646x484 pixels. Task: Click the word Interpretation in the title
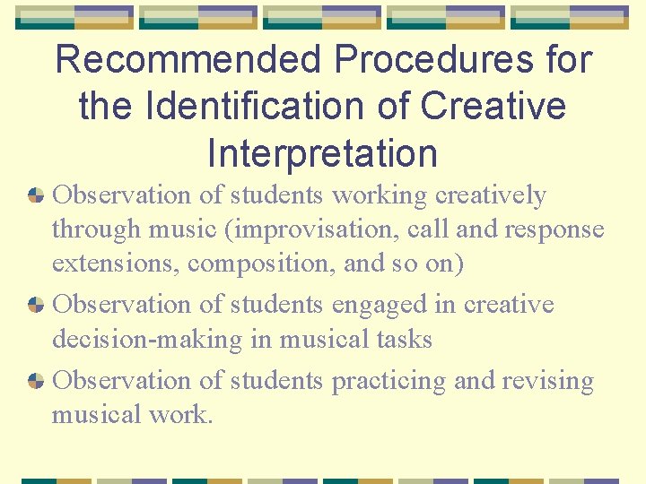322,153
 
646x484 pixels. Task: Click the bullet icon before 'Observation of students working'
36,195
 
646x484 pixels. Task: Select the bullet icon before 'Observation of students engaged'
36,305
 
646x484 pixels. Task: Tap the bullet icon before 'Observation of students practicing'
36,381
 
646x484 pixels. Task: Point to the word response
556,229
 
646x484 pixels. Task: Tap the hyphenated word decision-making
147,340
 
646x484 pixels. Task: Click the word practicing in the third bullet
389,381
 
